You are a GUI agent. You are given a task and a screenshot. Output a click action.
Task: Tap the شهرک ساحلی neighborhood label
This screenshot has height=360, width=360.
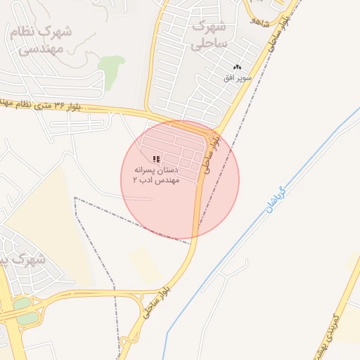[208, 35]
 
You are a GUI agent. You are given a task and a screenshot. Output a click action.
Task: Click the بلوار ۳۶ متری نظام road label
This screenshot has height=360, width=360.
[42, 105]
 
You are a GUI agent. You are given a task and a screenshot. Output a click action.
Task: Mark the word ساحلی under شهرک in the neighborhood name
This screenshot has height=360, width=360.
[208, 44]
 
